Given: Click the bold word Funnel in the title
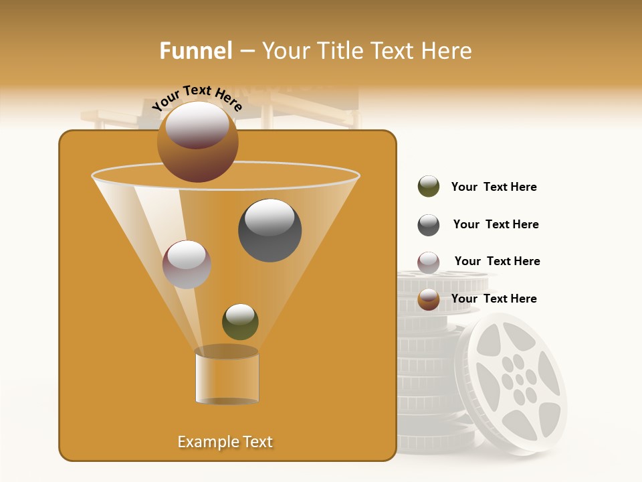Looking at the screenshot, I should pyautogui.click(x=195, y=51).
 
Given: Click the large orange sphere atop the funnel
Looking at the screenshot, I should pyautogui.click(x=197, y=142).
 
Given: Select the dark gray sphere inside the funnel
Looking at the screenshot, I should pyautogui.click(x=270, y=230).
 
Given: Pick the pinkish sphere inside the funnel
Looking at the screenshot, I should pyautogui.click(x=187, y=264).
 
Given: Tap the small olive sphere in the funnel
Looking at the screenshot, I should pyautogui.click(x=240, y=322).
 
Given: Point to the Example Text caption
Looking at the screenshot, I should pyautogui.click(x=225, y=442).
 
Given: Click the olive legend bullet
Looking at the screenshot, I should pyautogui.click(x=429, y=187).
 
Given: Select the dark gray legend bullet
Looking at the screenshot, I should pyautogui.click(x=429, y=225).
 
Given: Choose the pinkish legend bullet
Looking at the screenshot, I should pyautogui.click(x=429, y=262).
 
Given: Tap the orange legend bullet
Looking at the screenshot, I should pyautogui.click(x=429, y=299).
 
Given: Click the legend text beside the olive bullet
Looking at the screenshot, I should pyautogui.click(x=494, y=187).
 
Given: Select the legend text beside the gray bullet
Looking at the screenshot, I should pyautogui.click(x=496, y=225).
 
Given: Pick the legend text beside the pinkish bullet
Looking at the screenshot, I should pyautogui.click(x=497, y=262).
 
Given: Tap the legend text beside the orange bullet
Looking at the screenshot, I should pyautogui.click(x=494, y=299).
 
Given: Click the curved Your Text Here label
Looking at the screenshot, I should pyautogui.click(x=197, y=98).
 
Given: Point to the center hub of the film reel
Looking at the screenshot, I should pyautogui.click(x=519, y=380).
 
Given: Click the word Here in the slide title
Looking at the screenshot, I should pyautogui.click(x=444, y=51).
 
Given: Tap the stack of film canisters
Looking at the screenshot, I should pyautogui.click(x=428, y=361).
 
